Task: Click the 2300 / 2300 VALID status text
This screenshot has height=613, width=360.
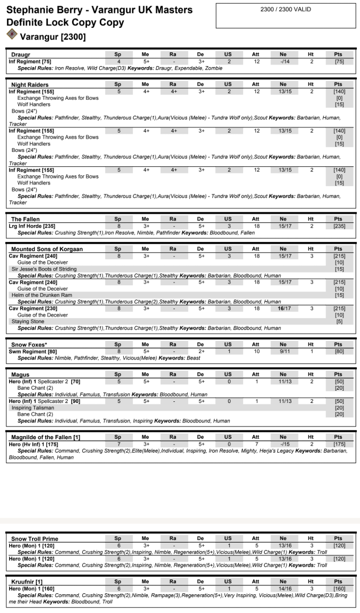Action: click(x=285, y=10)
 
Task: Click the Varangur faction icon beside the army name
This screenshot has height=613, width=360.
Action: click(x=11, y=34)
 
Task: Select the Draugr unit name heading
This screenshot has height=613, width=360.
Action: click(x=21, y=55)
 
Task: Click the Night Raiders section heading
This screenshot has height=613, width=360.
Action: click(x=30, y=85)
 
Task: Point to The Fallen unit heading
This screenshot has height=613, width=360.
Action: click(x=26, y=219)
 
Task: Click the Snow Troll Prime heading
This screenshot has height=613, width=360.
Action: click(x=35, y=539)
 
